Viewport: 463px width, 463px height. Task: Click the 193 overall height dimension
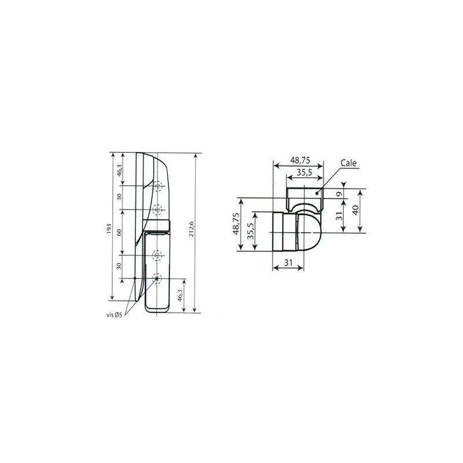(109, 229)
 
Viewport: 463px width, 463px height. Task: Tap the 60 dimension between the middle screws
(119, 231)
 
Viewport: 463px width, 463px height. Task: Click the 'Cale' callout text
(350, 164)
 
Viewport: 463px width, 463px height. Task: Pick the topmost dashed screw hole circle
(157, 186)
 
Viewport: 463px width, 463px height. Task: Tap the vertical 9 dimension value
(340, 193)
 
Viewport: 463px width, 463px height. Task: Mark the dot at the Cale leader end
(317, 192)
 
